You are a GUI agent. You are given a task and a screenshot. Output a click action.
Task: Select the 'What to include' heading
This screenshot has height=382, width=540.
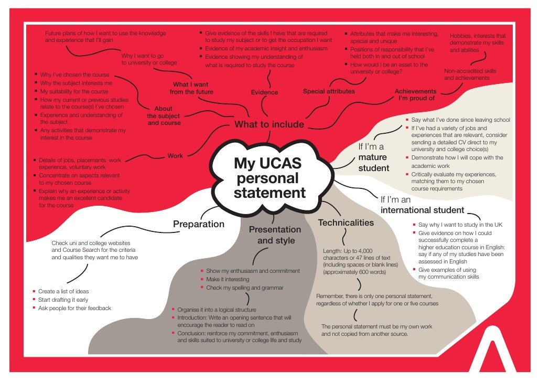(x=269, y=124)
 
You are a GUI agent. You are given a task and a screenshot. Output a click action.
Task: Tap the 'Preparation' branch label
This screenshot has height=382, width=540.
(x=199, y=224)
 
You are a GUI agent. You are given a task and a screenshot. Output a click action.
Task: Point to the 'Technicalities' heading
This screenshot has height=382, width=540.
(x=346, y=222)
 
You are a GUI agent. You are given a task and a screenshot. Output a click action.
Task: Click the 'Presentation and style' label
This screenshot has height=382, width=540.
(x=275, y=235)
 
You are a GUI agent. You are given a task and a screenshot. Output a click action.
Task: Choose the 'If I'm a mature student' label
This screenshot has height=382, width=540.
(x=373, y=157)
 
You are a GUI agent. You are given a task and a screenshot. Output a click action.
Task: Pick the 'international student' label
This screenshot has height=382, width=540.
(x=422, y=210)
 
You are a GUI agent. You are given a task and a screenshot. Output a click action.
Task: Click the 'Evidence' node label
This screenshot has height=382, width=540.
(x=264, y=92)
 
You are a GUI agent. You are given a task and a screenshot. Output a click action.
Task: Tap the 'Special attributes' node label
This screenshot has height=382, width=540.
(x=329, y=91)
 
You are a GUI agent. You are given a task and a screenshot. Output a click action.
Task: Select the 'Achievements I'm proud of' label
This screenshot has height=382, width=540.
(x=416, y=94)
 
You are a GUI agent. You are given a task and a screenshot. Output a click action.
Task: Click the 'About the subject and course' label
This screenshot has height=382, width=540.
(x=164, y=116)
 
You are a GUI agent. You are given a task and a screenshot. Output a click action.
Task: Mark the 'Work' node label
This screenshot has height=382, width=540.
(x=175, y=156)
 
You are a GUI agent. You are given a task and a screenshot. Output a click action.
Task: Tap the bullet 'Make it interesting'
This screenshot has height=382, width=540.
(x=220, y=280)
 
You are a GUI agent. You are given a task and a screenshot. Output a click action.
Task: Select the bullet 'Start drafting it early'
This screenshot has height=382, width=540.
(x=63, y=300)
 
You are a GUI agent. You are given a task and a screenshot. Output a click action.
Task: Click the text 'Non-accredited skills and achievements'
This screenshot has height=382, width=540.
(x=470, y=75)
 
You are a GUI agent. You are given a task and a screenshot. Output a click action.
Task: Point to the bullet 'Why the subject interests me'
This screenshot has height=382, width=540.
(x=76, y=83)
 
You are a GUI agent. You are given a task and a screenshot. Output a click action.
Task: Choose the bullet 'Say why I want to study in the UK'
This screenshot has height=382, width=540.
(x=460, y=225)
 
